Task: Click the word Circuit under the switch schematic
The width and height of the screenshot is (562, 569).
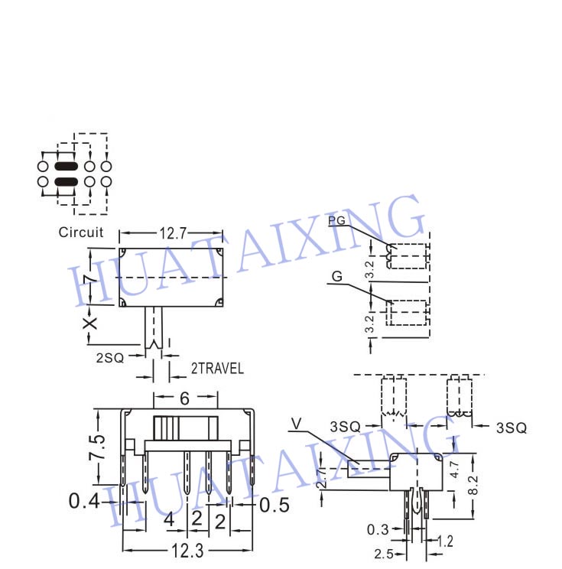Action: pyautogui.click(x=81, y=232)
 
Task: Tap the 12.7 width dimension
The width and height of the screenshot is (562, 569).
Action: pyautogui.click(x=173, y=233)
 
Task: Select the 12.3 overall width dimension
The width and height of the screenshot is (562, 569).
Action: pyautogui.click(x=187, y=551)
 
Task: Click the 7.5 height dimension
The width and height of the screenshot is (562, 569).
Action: pyautogui.click(x=97, y=447)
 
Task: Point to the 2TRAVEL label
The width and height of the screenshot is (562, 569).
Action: pyautogui.click(x=217, y=369)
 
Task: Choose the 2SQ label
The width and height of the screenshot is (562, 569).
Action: pyautogui.click(x=110, y=358)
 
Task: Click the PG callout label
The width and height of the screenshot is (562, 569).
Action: pyautogui.click(x=336, y=220)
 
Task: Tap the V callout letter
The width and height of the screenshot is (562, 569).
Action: pyautogui.click(x=297, y=424)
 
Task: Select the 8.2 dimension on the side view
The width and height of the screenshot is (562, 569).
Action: pyautogui.click(x=473, y=486)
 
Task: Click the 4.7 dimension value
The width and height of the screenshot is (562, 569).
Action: pyautogui.click(x=454, y=470)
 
